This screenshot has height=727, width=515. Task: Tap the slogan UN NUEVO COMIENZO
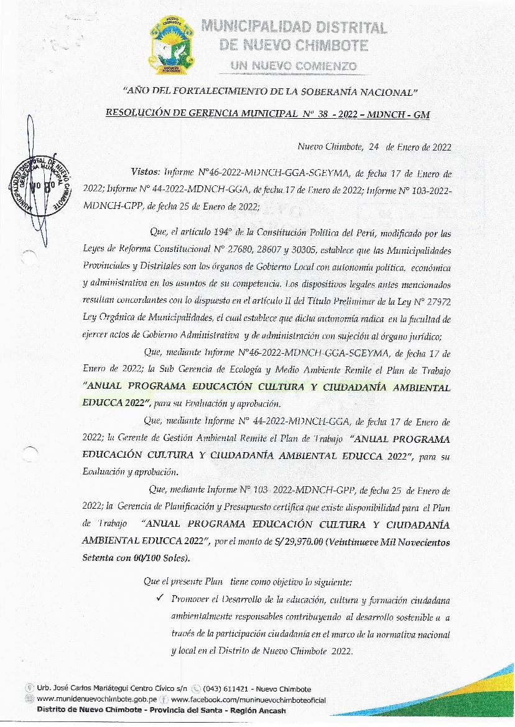(x=294, y=66)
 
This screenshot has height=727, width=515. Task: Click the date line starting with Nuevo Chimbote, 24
(x=374, y=147)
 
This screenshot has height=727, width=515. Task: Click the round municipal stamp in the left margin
(x=39, y=184)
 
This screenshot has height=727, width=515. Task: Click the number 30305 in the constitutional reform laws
(x=315, y=250)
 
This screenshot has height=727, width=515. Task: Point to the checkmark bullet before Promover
(x=160, y=599)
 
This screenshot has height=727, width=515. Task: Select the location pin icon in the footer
(x=29, y=689)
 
